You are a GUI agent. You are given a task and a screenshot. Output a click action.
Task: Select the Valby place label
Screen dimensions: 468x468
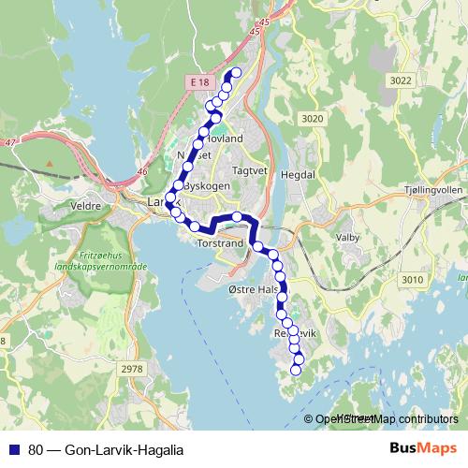[347, 238]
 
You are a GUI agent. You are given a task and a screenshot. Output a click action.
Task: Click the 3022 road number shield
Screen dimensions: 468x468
[401, 81]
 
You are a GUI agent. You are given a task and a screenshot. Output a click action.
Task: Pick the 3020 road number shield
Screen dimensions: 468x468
[312, 119]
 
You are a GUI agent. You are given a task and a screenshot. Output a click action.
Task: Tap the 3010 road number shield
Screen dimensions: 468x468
[412, 279]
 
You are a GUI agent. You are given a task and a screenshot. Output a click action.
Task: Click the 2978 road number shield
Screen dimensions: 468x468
[133, 370]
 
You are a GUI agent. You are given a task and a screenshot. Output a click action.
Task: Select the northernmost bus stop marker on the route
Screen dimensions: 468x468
[236, 72]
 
